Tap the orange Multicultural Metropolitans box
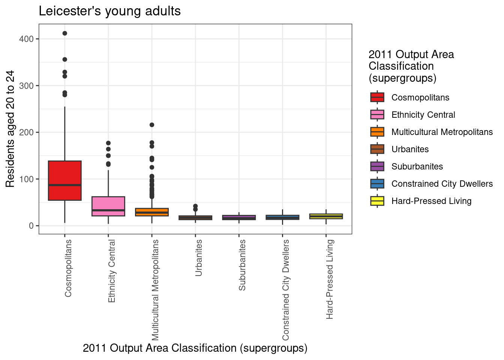pos(152,212)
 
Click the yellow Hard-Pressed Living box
pos(326,216)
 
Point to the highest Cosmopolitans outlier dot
pos(65,33)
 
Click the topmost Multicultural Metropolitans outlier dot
pos(152,125)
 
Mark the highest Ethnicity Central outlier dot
pos(108,143)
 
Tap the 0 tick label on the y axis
pos(31,226)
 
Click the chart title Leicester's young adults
pos(109,11)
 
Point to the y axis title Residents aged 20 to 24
pos(10,129)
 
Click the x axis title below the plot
pos(195,348)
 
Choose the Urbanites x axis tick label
pos(199,258)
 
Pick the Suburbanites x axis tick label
pos(242,265)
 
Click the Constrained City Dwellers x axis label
pos(286,289)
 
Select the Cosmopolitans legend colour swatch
pos(377,97)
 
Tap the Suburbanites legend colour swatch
pos(377,166)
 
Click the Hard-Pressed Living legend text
pos(431,201)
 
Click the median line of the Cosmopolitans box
pos(65,185)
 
